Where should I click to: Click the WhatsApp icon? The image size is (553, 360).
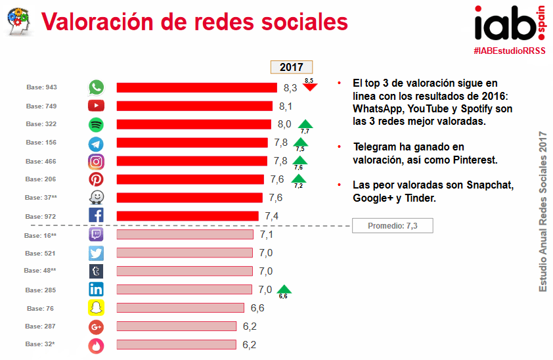pyautogui.click(x=97, y=87)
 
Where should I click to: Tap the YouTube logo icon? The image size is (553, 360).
pyautogui.click(x=97, y=106)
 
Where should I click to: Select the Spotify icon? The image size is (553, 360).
pyautogui.click(x=97, y=124)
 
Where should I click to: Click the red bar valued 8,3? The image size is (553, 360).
pyautogui.click(x=196, y=87)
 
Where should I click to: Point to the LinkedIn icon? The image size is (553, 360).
pyautogui.click(x=97, y=290)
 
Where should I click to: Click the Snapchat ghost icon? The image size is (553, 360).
pyautogui.click(x=97, y=308)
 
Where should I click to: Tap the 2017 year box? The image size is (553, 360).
pyautogui.click(x=292, y=67)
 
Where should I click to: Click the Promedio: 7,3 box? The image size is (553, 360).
pyautogui.click(x=392, y=226)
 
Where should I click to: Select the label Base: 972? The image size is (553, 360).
pyautogui.click(x=41, y=216)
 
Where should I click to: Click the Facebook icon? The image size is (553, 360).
pyautogui.click(x=97, y=215)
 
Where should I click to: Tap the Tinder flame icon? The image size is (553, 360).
pyautogui.click(x=97, y=345)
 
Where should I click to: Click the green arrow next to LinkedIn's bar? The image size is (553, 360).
pyautogui.click(x=284, y=288)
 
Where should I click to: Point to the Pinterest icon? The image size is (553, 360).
pyautogui.click(x=97, y=179)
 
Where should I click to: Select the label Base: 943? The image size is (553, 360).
pyautogui.click(x=41, y=87)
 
